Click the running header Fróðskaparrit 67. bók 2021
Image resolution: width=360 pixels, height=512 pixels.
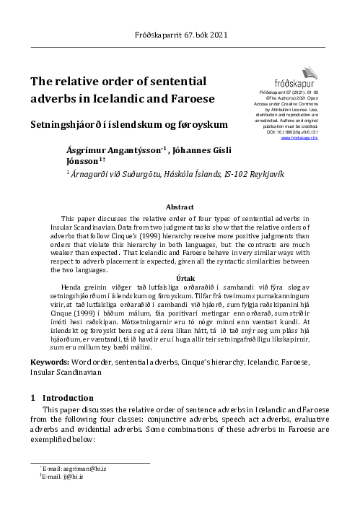coord(180,35)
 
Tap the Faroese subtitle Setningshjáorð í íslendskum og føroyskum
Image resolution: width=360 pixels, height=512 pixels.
coord(128,123)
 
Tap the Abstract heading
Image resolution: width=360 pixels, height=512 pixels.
coord(180,207)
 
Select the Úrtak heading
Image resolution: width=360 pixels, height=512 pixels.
coord(180,277)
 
